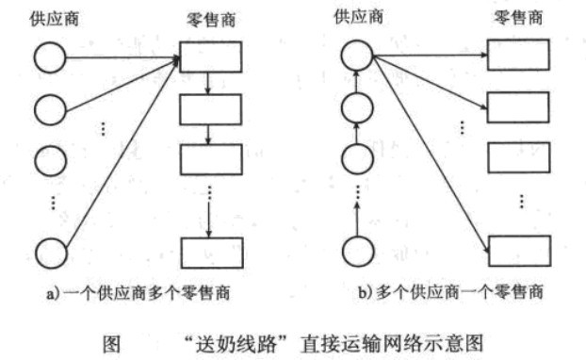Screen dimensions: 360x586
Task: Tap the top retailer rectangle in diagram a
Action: coord(205,59)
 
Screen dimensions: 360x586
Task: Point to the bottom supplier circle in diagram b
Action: coord(357,252)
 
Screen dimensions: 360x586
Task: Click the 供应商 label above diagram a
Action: coord(47,22)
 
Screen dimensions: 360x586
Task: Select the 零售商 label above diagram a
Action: coord(203,22)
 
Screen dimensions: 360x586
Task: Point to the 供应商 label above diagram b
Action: coord(359,17)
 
